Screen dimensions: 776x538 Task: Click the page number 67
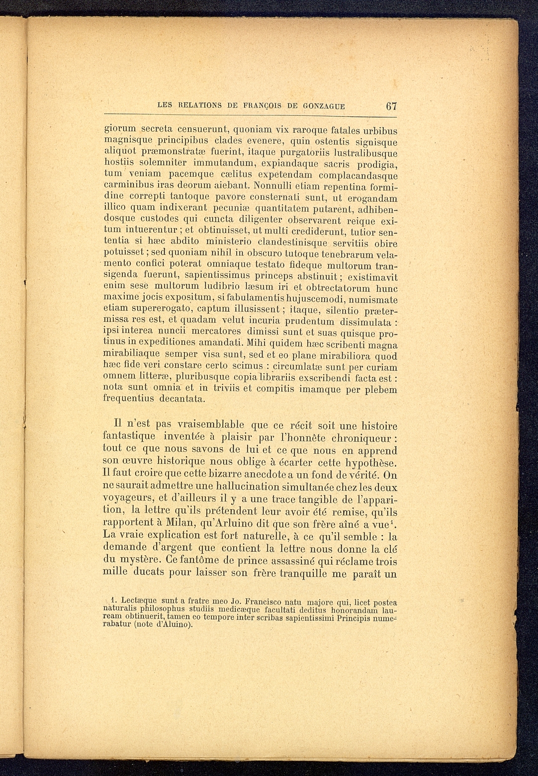click(391, 105)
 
